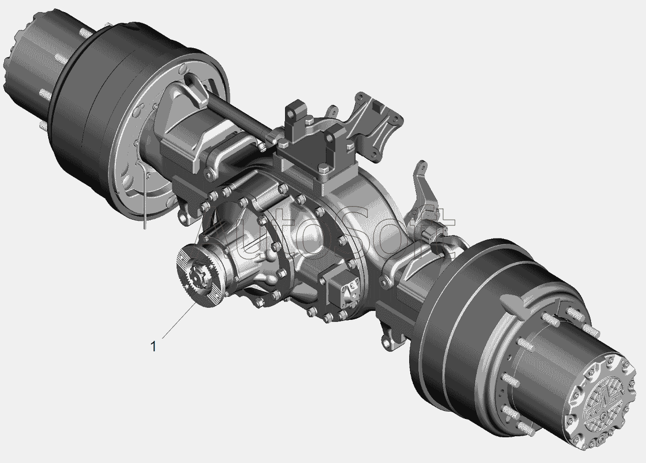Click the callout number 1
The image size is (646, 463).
coord(154,346)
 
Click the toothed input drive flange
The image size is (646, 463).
coord(199,276)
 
